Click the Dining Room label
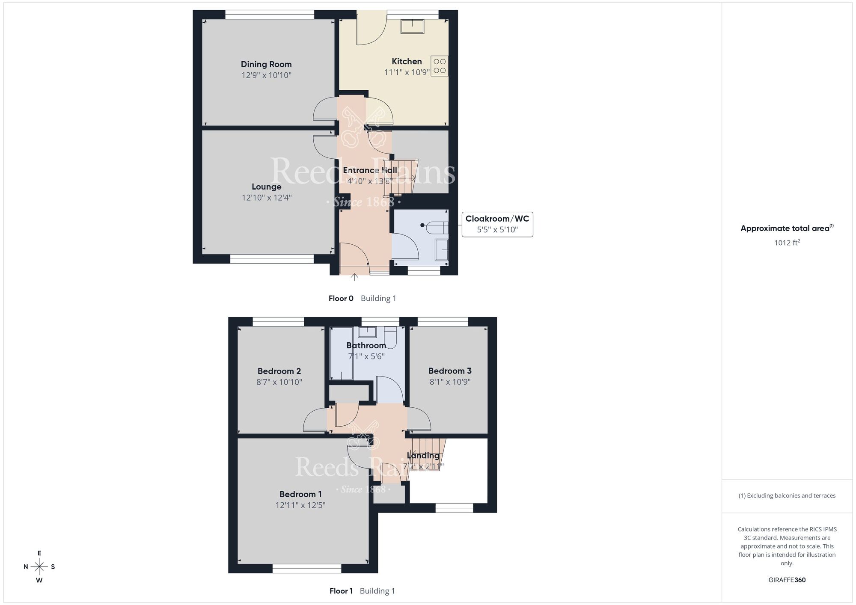266,64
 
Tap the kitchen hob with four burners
439,66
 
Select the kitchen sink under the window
412,27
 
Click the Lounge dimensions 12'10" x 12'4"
266,198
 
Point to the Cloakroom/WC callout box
497,224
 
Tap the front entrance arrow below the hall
354,277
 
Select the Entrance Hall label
370,170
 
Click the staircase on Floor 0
400,177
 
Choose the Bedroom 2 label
279,371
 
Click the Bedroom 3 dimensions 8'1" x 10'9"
450,382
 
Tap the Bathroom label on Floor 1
366,345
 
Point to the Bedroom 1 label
300,494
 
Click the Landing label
423,456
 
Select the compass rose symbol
39,567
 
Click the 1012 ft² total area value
787,243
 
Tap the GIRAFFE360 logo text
787,580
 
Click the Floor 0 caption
341,299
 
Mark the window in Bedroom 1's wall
307,569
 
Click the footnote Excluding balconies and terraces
787,495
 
